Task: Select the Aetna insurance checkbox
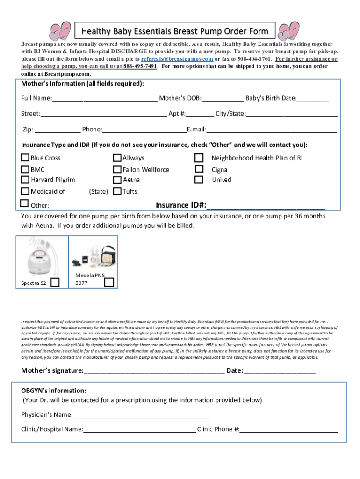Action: click(x=117, y=179)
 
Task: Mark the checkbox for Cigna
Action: click(x=199, y=169)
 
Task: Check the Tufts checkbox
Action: click(x=117, y=191)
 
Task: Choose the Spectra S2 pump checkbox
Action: click(x=55, y=282)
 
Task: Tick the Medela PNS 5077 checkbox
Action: click(x=108, y=282)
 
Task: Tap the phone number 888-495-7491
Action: click(x=140, y=66)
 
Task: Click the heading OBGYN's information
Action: click(x=53, y=390)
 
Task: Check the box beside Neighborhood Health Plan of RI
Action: click(x=199, y=158)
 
